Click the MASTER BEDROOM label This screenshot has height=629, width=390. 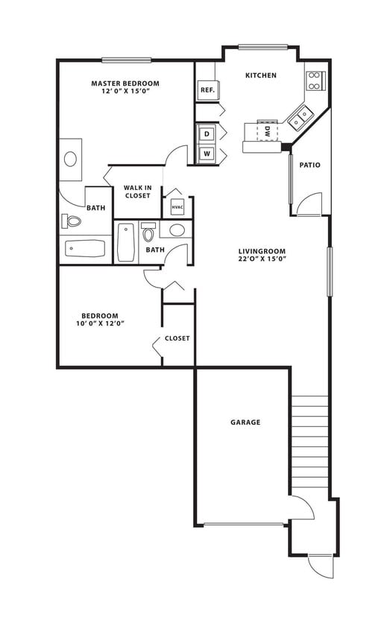click(125, 83)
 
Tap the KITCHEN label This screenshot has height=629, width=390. click(261, 75)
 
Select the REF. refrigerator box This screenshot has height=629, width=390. click(207, 90)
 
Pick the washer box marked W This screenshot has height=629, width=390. click(206, 154)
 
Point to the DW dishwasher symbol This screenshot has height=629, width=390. click(266, 132)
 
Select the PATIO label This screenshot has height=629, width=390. click(309, 165)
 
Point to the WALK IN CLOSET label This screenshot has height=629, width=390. click(137, 192)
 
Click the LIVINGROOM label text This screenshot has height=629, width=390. click(262, 251)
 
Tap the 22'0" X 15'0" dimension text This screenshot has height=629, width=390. click(262, 259)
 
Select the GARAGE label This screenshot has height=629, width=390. click(245, 423)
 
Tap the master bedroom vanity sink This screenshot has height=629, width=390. click(71, 159)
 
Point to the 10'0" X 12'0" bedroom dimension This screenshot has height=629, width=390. click(99, 323)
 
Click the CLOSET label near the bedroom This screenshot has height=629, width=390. click(177, 338)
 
